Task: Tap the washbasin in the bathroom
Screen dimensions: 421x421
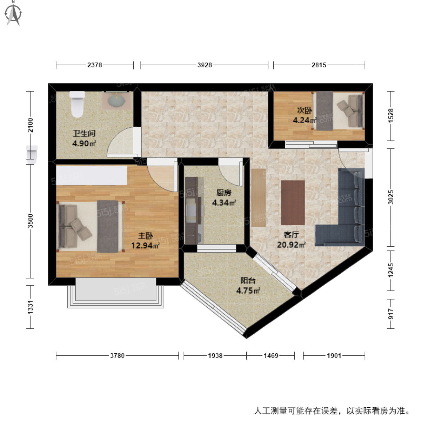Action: (116, 101)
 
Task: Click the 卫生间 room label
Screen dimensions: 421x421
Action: (84, 134)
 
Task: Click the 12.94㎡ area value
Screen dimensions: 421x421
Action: (145, 245)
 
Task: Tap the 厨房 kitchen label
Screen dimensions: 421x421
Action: (223, 193)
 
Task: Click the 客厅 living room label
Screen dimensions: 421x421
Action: (291, 235)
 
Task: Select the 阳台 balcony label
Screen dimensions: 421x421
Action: (248, 281)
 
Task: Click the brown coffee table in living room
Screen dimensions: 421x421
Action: (293, 202)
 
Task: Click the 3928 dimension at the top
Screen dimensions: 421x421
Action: (205, 65)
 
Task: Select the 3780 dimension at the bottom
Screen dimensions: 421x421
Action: (117, 355)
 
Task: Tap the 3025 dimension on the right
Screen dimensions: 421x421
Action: (391, 197)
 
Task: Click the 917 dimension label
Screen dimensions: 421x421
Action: (391, 314)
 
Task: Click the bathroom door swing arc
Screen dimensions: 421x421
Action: (119, 142)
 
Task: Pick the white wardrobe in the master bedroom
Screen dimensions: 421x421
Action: (91, 175)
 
